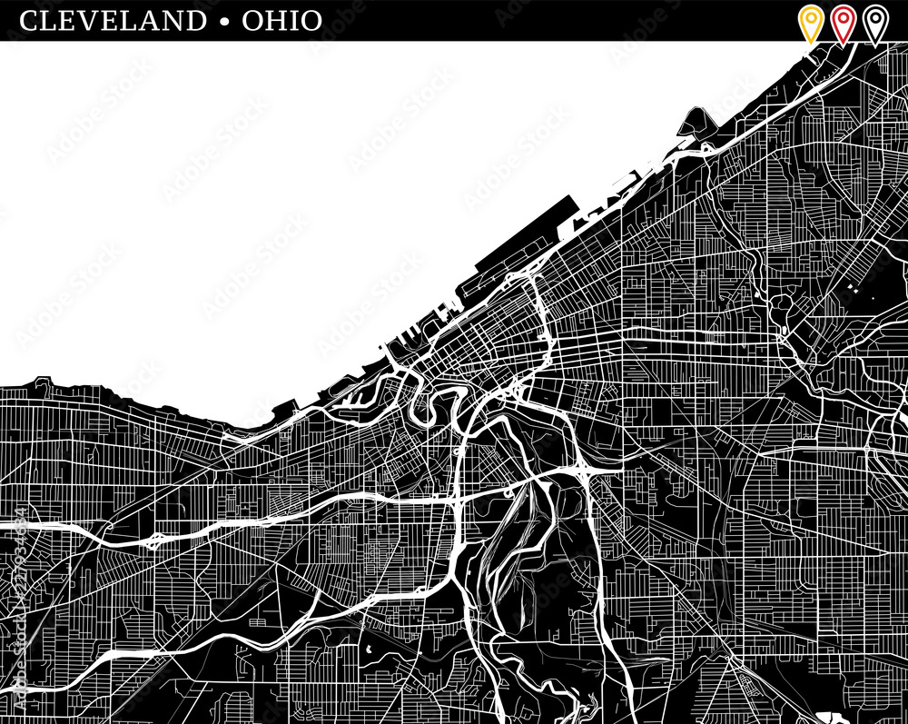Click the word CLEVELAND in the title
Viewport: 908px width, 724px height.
click(113, 20)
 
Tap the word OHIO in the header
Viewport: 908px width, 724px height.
click(281, 20)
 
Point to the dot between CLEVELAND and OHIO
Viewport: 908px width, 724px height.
click(223, 21)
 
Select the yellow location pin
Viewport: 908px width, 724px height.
click(810, 22)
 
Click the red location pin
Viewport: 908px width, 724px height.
click(843, 22)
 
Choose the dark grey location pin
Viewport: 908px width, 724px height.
click(874, 22)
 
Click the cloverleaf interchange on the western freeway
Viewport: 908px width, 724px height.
click(155, 540)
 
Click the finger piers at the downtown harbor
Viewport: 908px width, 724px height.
click(409, 345)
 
